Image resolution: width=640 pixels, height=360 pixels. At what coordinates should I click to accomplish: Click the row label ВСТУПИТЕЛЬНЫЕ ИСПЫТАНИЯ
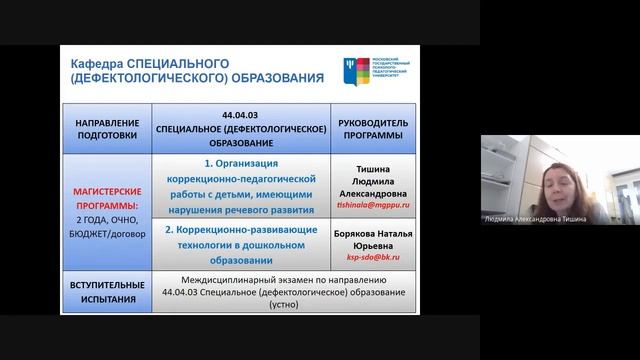tap(105, 289)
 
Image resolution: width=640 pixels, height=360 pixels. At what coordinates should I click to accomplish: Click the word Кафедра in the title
tap(95, 63)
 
